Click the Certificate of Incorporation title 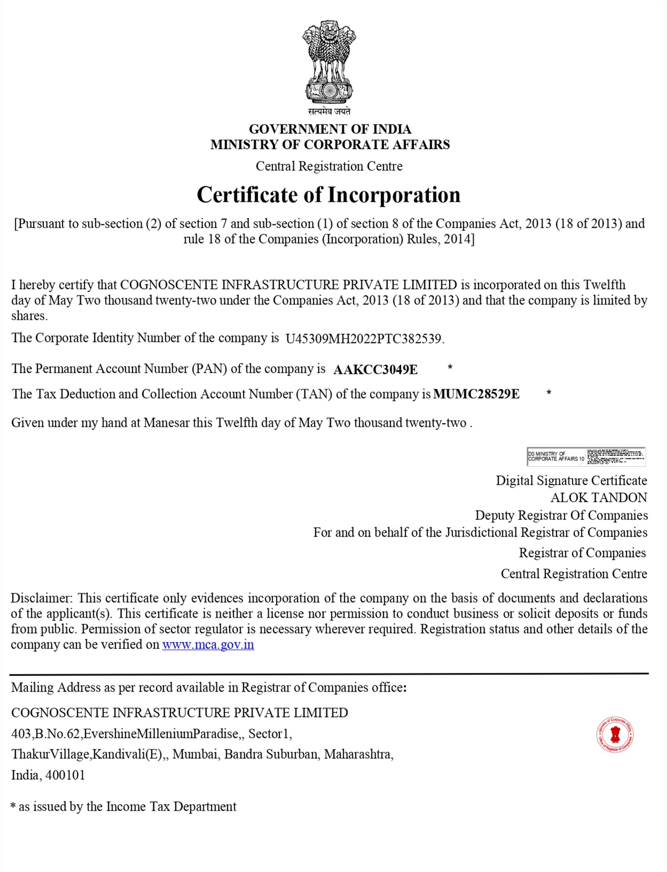point(328,195)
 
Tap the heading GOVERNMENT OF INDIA point(330,129)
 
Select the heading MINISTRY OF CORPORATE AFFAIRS point(330,144)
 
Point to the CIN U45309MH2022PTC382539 point(364,338)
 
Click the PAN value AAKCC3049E point(375,369)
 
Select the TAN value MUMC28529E point(476,394)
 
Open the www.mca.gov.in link point(208,644)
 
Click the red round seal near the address point(615,735)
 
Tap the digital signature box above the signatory point(586,456)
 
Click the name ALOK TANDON point(599,498)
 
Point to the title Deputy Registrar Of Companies point(561,515)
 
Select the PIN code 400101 point(65,775)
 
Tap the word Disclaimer point(41,598)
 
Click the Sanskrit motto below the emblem point(329,111)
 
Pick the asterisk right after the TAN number point(549,393)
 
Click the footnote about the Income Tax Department point(123,807)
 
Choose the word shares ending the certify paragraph point(29,316)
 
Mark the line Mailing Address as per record point(208,687)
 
